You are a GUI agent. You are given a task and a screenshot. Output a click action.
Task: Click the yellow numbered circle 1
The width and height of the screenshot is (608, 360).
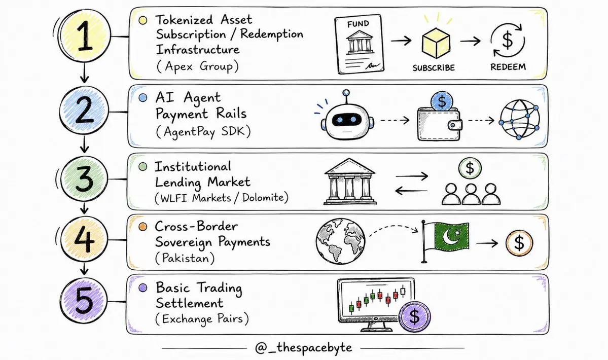pyautogui.click(x=85, y=36)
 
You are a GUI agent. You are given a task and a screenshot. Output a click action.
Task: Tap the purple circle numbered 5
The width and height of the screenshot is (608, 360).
pyautogui.click(x=84, y=301)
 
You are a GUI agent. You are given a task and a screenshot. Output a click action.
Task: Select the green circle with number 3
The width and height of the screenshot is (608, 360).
pyautogui.click(x=84, y=178)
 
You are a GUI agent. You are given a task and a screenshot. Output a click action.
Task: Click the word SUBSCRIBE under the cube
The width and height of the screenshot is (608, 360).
pyautogui.click(x=434, y=68)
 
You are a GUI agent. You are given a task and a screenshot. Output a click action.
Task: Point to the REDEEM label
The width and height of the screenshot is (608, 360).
pyautogui.click(x=508, y=67)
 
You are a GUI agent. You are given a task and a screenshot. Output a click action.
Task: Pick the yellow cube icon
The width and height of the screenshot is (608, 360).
pyautogui.click(x=436, y=43)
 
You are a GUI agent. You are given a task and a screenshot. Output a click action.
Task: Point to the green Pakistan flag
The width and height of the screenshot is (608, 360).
pyautogui.click(x=446, y=241)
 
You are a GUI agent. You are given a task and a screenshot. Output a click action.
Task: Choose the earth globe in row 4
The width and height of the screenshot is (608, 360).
pyautogui.click(x=341, y=241)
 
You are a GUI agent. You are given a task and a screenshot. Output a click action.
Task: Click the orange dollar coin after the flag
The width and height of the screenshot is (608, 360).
pyautogui.click(x=519, y=243)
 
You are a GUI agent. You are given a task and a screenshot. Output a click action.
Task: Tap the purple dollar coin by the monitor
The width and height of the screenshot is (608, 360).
pyautogui.click(x=414, y=317)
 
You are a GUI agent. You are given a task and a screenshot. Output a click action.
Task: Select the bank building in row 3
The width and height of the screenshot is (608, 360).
pyautogui.click(x=350, y=182)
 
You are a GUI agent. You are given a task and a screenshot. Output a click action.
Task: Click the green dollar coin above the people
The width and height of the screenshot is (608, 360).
pyautogui.click(x=470, y=168)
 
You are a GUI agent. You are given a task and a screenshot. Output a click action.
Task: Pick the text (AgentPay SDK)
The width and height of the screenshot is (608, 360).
pyautogui.click(x=203, y=131)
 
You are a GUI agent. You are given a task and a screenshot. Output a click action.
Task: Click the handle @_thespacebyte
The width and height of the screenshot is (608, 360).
pyautogui.click(x=304, y=348)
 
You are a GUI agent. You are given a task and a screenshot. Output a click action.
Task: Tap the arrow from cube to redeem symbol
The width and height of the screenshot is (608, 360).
pyautogui.click(x=471, y=41)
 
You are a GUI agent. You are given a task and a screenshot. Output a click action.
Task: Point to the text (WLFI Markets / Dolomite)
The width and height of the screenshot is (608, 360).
pyautogui.click(x=222, y=198)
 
